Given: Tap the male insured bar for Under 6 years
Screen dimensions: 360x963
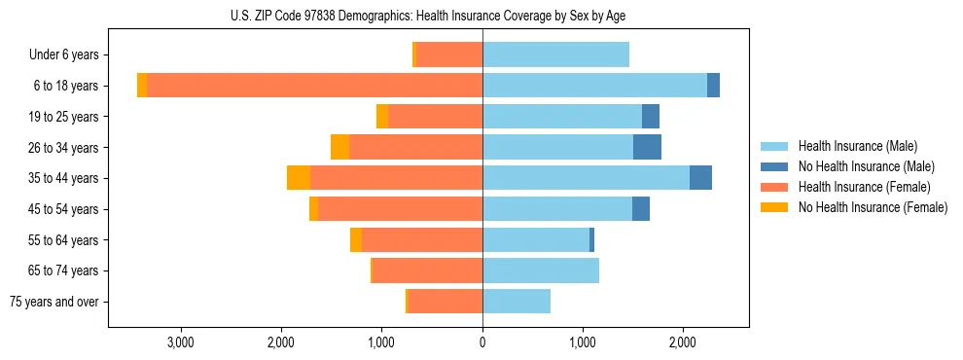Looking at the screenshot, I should click(x=555, y=54).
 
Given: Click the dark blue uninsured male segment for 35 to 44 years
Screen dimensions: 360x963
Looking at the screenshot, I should click(x=700, y=178).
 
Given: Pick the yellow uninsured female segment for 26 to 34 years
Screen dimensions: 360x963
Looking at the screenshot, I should click(x=339, y=147).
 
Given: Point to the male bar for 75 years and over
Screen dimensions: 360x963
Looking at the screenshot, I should click(x=517, y=302).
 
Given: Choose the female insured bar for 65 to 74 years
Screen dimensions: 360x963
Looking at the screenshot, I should click(x=427, y=270).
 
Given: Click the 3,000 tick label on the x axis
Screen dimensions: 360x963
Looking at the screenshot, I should click(x=181, y=342).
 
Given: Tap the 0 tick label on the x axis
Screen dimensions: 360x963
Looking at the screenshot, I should click(x=482, y=342).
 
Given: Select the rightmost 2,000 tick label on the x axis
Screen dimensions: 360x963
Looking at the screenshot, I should click(x=683, y=342).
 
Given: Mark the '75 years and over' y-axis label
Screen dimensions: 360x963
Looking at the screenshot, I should click(x=54, y=302).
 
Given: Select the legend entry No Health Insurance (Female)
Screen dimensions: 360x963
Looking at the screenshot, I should click(x=873, y=207).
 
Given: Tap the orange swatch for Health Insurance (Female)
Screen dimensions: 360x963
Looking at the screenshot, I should click(x=774, y=187).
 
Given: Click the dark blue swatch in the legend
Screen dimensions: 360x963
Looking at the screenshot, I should click(x=774, y=166).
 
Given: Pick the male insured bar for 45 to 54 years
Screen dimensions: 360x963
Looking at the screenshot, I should click(x=557, y=209).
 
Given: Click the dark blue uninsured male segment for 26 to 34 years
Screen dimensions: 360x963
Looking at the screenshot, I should click(x=647, y=147).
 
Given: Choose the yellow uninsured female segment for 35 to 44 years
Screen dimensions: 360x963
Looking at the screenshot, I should click(x=299, y=178).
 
